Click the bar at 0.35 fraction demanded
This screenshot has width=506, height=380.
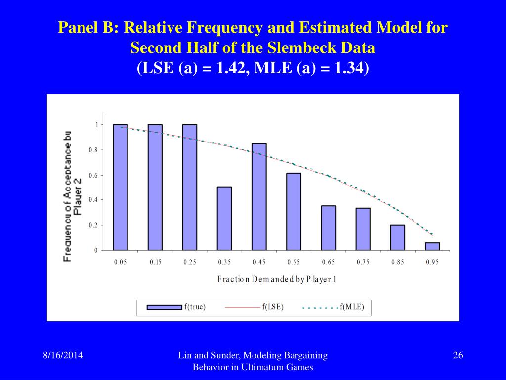224,218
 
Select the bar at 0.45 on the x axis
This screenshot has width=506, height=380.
259,196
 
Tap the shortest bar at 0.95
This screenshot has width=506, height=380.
432,246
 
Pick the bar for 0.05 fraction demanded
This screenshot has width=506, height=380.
120,187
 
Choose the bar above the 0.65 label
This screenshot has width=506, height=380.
329,228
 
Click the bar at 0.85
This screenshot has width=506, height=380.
398,237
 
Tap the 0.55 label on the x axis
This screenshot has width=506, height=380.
294,262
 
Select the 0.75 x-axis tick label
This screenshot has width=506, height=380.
363,262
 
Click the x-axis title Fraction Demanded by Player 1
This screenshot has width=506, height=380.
277,279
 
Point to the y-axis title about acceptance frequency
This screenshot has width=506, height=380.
72,195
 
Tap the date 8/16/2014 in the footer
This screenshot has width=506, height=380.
62,355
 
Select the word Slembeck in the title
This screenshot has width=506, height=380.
305,48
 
